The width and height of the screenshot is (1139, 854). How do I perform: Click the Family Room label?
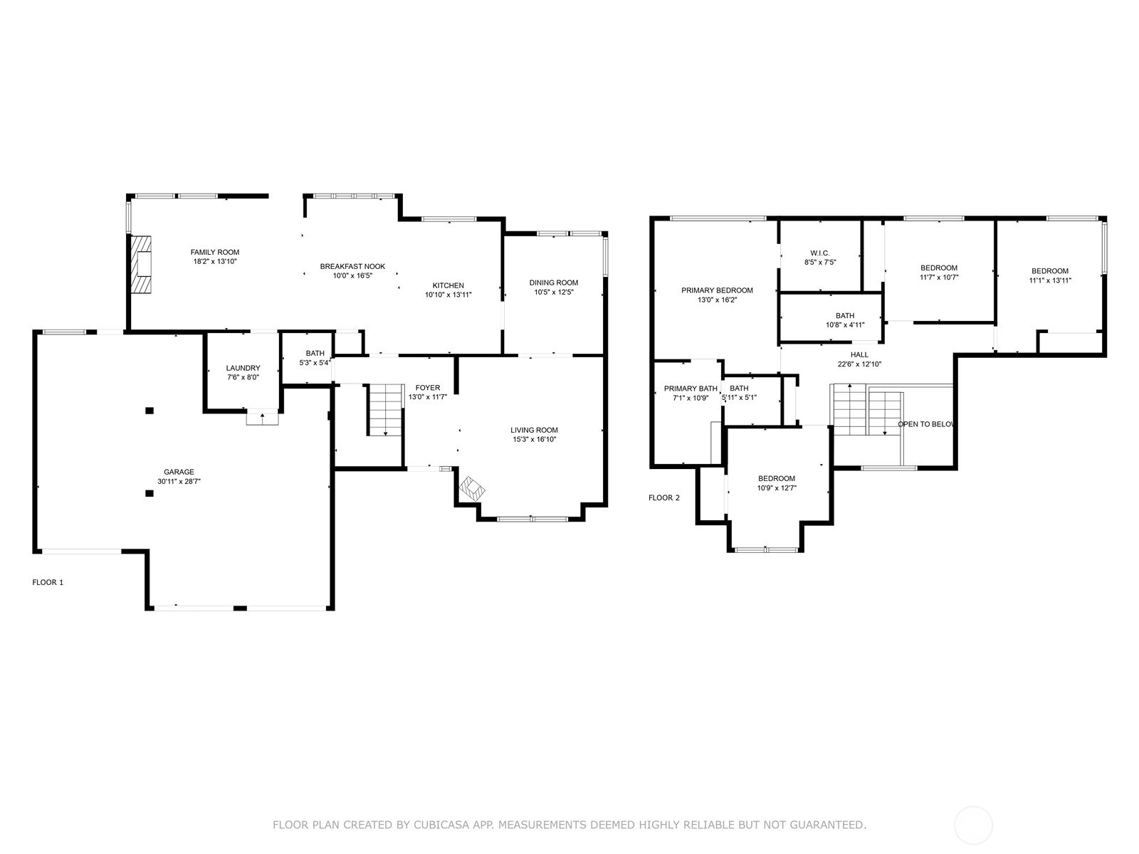click(215, 253)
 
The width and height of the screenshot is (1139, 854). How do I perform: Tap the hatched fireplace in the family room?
click(141, 265)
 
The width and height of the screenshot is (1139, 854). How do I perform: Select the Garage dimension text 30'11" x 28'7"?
click(179, 481)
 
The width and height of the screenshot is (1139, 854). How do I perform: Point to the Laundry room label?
click(243, 368)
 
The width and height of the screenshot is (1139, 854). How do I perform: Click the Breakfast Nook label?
click(352, 266)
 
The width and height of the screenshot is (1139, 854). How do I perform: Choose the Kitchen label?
click(448, 285)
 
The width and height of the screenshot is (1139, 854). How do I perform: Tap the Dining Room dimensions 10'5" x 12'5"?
click(554, 292)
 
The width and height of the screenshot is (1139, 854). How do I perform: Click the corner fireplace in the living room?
click(472, 488)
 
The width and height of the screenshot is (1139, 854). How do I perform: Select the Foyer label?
click(428, 388)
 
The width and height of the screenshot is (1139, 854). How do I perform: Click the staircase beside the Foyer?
click(386, 410)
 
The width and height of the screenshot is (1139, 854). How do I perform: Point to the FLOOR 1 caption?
click(48, 582)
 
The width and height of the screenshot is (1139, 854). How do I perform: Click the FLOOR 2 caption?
click(663, 497)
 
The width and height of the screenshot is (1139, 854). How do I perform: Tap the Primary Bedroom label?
click(717, 290)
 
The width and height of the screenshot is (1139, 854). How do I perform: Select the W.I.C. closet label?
click(820, 253)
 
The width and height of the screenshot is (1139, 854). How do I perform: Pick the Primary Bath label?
click(691, 389)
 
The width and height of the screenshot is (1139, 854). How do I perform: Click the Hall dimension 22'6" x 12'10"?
click(859, 364)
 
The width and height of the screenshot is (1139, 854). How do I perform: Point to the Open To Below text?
click(925, 424)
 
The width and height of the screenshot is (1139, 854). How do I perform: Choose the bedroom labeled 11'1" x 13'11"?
click(1050, 276)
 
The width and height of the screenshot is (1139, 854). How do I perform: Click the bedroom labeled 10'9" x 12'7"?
click(776, 483)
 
